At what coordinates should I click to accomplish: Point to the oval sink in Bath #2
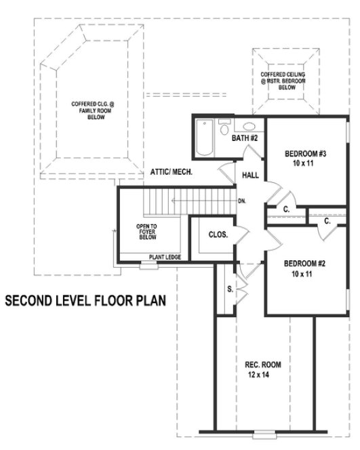248,126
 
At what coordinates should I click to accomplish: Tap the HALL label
250,176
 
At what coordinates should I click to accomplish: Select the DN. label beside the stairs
243,201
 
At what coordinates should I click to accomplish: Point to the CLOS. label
218,234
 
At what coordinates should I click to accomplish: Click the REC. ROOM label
263,365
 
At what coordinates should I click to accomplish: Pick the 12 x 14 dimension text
263,375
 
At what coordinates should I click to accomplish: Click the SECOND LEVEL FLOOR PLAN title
86,300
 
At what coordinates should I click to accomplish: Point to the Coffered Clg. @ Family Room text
93,110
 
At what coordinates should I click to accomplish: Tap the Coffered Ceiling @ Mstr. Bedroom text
283,81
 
